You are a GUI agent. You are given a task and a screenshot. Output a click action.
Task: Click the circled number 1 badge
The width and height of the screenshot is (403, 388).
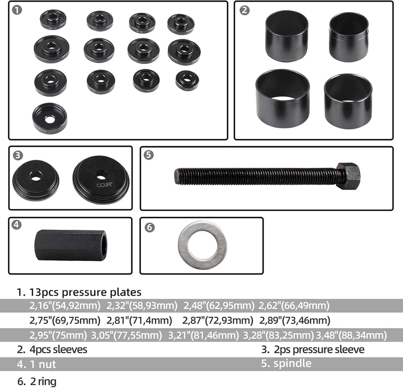click(17, 10)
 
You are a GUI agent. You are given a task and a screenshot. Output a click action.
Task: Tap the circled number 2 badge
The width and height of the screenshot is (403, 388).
click(244, 10)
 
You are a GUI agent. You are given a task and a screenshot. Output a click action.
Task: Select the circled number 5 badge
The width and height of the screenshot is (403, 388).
click(149, 155)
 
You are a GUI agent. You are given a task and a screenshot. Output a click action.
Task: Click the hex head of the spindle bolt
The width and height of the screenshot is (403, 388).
click(348, 176)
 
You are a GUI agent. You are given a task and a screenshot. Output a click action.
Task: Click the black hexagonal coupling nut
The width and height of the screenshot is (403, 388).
click(71, 245)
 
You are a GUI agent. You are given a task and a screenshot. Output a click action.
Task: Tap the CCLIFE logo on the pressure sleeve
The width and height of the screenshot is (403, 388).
click(104, 185)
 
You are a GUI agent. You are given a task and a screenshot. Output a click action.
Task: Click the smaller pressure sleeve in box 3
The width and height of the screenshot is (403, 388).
click(36, 180)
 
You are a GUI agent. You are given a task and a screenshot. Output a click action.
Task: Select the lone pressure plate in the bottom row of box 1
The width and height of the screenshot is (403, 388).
click(49, 118)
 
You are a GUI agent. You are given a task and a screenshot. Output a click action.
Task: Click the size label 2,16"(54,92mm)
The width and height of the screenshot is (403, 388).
click(65, 305)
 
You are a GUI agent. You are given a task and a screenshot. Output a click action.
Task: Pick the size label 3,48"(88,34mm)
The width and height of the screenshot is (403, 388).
click(351, 335)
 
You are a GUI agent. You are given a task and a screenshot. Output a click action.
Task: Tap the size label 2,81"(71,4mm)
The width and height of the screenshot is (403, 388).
click(140, 320)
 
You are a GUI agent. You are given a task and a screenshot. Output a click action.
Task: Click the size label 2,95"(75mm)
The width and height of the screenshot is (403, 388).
click(58, 335)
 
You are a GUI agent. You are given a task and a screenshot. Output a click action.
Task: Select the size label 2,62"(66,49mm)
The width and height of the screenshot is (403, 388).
click(294, 305)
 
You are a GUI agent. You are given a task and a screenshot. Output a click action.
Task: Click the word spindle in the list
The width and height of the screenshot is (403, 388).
click(293, 364)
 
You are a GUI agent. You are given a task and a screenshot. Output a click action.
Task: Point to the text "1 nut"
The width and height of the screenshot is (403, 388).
click(43, 364)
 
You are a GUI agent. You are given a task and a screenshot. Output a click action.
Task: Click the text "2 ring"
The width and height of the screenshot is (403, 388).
click(43, 381)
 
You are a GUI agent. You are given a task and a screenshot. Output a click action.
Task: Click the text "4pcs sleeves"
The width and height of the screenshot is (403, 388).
click(58, 350)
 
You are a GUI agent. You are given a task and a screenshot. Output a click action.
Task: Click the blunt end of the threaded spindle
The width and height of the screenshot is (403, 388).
click(176, 176)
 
